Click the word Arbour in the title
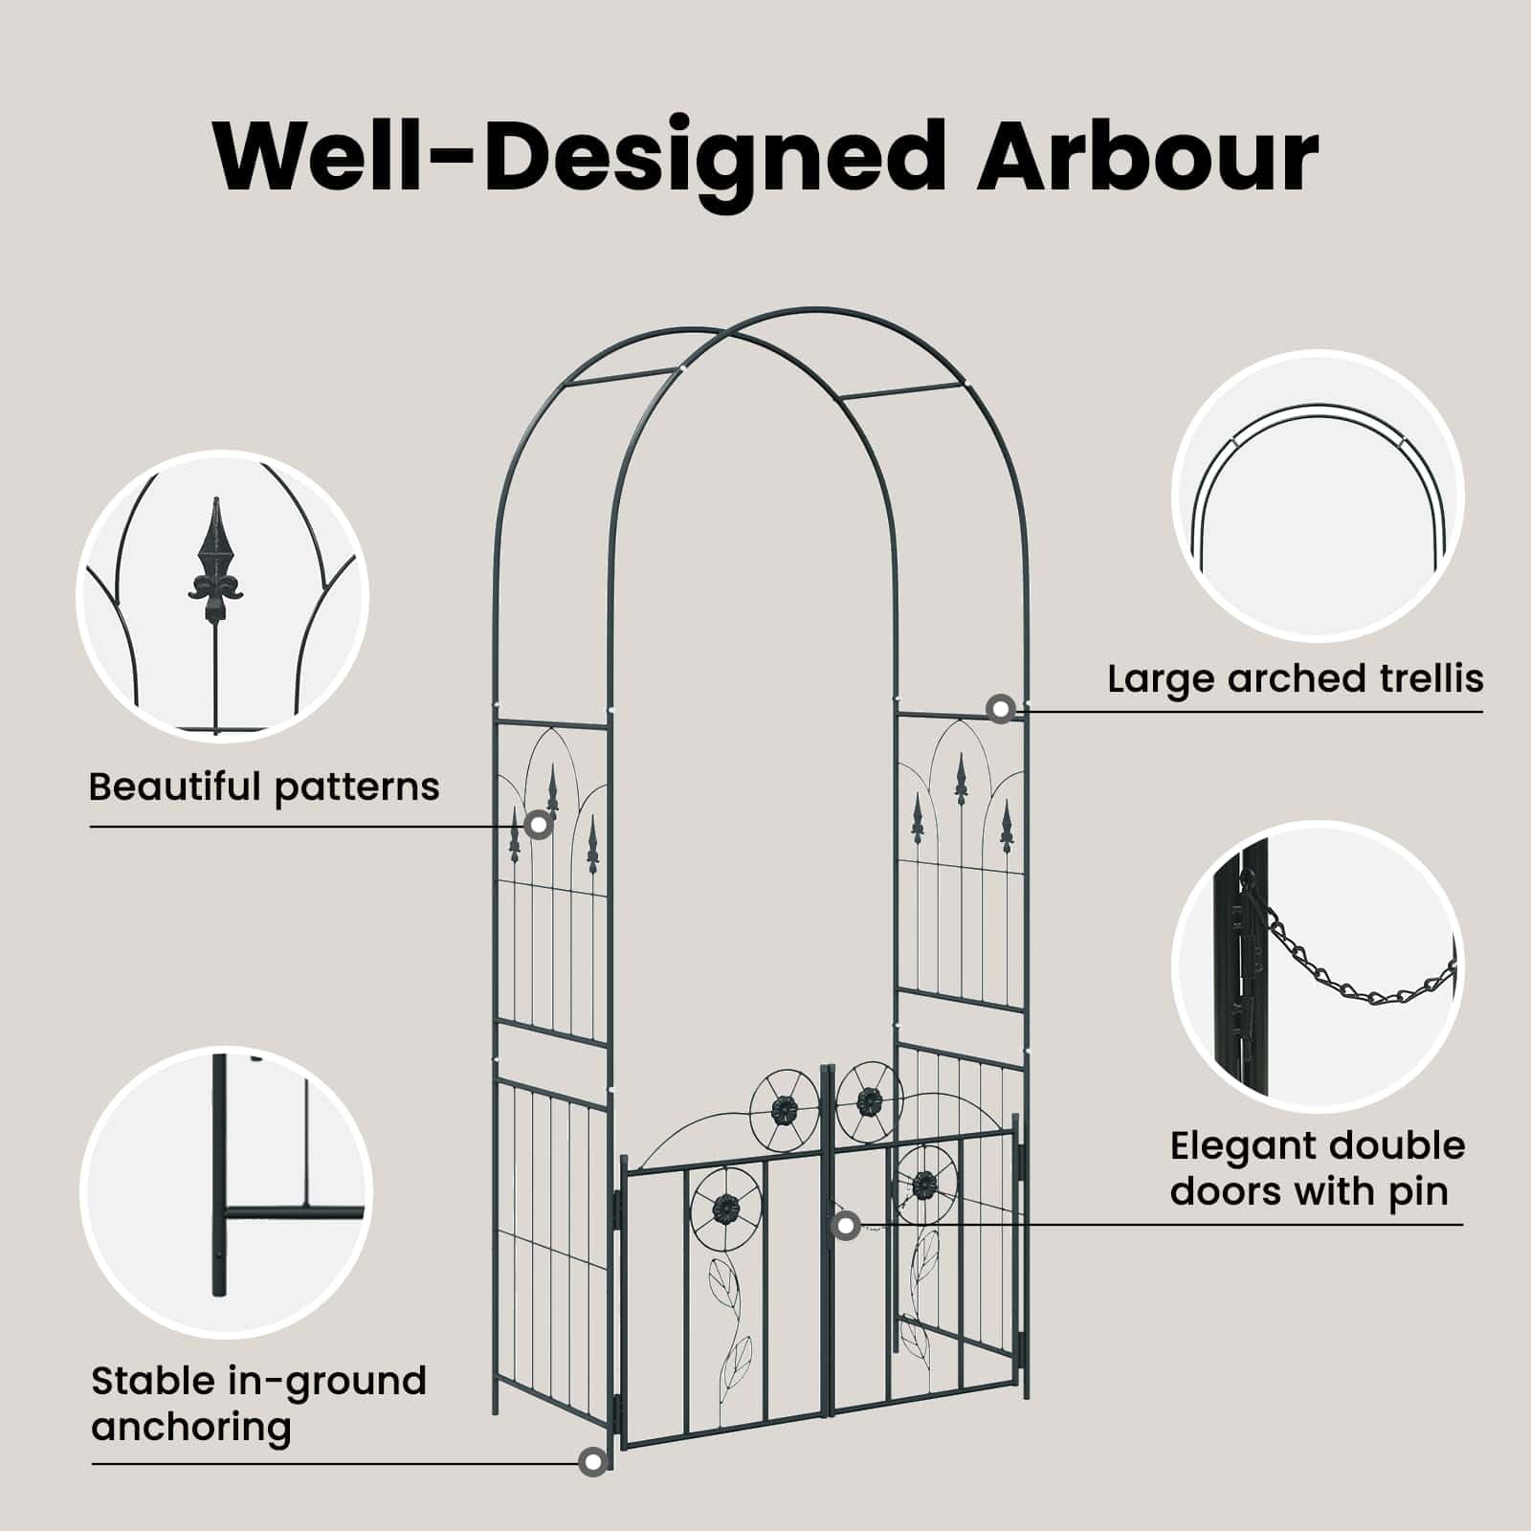pyautogui.click(x=1147, y=156)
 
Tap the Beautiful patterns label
pyautogui.click(x=264, y=787)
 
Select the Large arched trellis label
pyautogui.click(x=1296, y=678)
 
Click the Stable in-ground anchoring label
pyautogui.click(x=258, y=1404)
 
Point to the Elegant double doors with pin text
pyautogui.click(x=1318, y=1168)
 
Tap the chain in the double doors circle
pyautogui.click(x=1361, y=959)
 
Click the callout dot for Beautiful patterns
pyautogui.click(x=539, y=825)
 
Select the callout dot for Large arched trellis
pyautogui.click(x=1001, y=709)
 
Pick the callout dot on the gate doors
pyautogui.click(x=845, y=1225)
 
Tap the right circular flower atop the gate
pyautogui.click(x=869, y=1102)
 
